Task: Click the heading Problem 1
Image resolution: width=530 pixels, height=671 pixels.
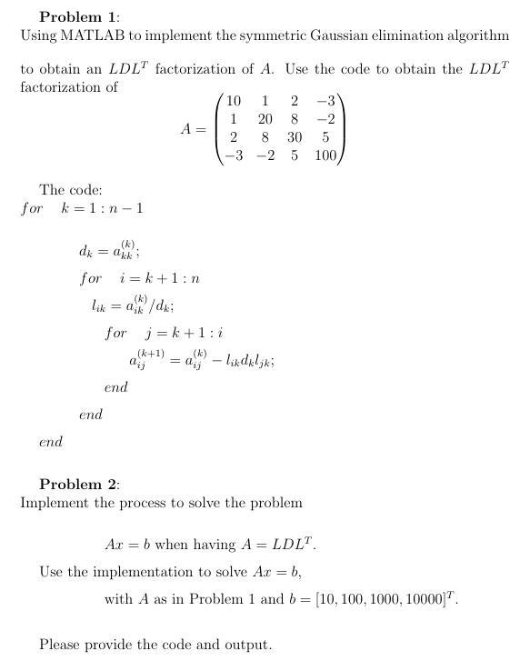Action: point(79,17)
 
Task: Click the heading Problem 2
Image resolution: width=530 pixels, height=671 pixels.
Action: point(79,484)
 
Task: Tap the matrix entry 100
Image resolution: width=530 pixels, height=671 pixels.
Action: point(325,155)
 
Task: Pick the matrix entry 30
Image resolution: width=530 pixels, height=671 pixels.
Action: point(295,137)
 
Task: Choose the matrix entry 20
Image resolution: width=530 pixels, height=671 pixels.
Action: point(265,119)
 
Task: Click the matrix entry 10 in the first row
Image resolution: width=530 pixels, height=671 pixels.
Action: point(234,101)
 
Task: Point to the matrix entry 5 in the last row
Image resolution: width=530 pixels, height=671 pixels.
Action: point(295,155)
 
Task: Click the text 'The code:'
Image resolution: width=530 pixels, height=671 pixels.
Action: point(70,190)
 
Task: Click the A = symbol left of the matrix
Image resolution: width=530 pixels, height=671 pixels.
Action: point(193,129)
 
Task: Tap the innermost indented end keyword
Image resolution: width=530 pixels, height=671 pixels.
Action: point(115,387)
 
